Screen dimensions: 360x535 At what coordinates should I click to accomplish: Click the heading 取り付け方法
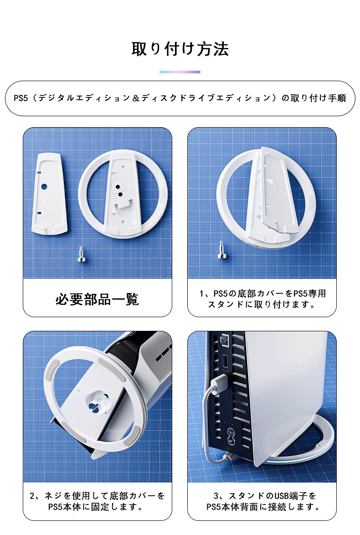180,49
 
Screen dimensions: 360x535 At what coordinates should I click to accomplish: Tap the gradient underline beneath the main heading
180,72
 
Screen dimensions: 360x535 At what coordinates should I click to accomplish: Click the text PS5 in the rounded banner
21,98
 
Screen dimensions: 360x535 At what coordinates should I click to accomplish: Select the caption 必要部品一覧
97,299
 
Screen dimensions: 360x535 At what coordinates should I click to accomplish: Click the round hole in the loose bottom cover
44,187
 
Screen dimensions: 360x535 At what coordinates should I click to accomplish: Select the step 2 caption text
97,501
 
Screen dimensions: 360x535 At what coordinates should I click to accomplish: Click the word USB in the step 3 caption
282,496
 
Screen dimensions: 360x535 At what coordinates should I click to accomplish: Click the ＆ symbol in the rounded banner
135,98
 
